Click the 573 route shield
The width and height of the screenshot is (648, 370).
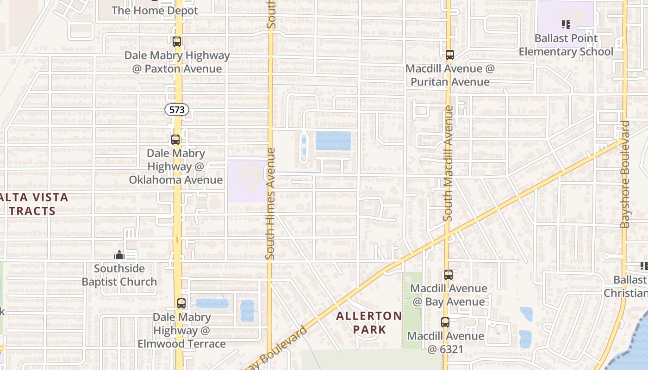click(x=177, y=110)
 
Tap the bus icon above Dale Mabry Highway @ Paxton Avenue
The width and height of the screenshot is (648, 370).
click(x=177, y=42)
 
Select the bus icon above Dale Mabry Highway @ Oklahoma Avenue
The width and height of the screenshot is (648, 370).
click(x=175, y=139)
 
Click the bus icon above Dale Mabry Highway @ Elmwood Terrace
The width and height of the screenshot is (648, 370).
click(x=181, y=303)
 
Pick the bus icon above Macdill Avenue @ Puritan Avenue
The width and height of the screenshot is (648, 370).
click(x=449, y=55)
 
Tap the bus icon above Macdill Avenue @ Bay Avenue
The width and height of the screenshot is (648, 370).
click(x=448, y=275)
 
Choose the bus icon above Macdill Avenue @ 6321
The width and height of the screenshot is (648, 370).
click(x=445, y=322)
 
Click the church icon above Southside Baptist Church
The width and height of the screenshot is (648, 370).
click(x=119, y=255)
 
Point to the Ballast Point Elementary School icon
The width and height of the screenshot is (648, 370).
click(x=566, y=24)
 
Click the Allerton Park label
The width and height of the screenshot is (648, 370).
click(x=369, y=323)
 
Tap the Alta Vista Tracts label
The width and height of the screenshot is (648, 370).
click(x=35, y=204)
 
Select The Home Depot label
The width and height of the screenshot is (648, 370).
click(x=155, y=10)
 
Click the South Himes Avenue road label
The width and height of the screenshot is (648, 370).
click(x=271, y=203)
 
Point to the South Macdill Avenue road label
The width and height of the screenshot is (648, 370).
click(x=448, y=163)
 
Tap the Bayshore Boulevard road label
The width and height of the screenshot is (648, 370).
click(x=625, y=174)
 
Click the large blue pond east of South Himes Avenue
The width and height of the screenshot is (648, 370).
click(x=333, y=141)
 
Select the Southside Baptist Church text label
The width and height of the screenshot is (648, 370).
click(x=119, y=275)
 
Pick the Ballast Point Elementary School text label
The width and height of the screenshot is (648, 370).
click(x=566, y=45)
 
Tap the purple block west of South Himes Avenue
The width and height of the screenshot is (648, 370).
click(x=247, y=180)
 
